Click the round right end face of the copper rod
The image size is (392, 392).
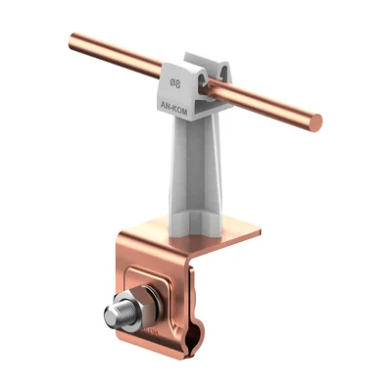pos(315,122)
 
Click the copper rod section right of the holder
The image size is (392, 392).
pos(269,106)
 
